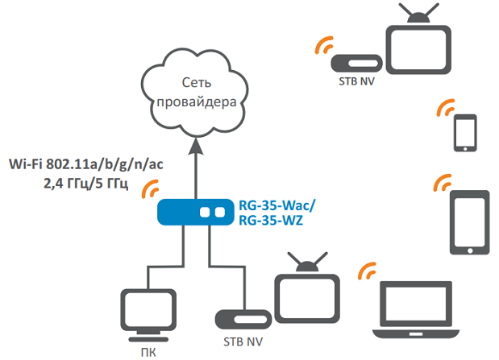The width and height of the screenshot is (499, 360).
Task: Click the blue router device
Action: pos(193,213)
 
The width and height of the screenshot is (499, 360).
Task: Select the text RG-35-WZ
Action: pos(271,220)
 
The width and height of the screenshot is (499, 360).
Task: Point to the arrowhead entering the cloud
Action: pos(193,147)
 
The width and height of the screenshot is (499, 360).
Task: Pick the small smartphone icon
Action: pos(466,133)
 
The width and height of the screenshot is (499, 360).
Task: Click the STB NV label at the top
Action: pos(357,81)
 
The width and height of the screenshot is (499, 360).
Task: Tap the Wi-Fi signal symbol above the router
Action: pos(151,190)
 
